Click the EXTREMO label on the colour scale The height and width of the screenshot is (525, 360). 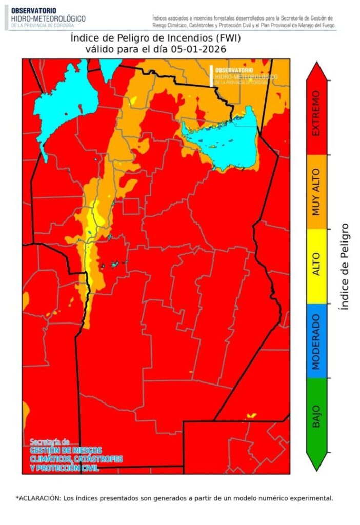tap(316, 114)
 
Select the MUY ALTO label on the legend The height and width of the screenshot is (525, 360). tap(316, 191)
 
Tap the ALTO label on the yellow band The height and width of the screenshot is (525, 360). tap(316, 264)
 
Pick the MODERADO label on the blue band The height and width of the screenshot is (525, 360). tap(316, 341)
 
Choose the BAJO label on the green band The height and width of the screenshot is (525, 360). tap(316, 416)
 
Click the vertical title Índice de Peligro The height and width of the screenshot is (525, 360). tap(345, 266)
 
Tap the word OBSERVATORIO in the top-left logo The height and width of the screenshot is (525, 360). tap(34, 10)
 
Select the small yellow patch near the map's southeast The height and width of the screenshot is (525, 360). tap(251, 415)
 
